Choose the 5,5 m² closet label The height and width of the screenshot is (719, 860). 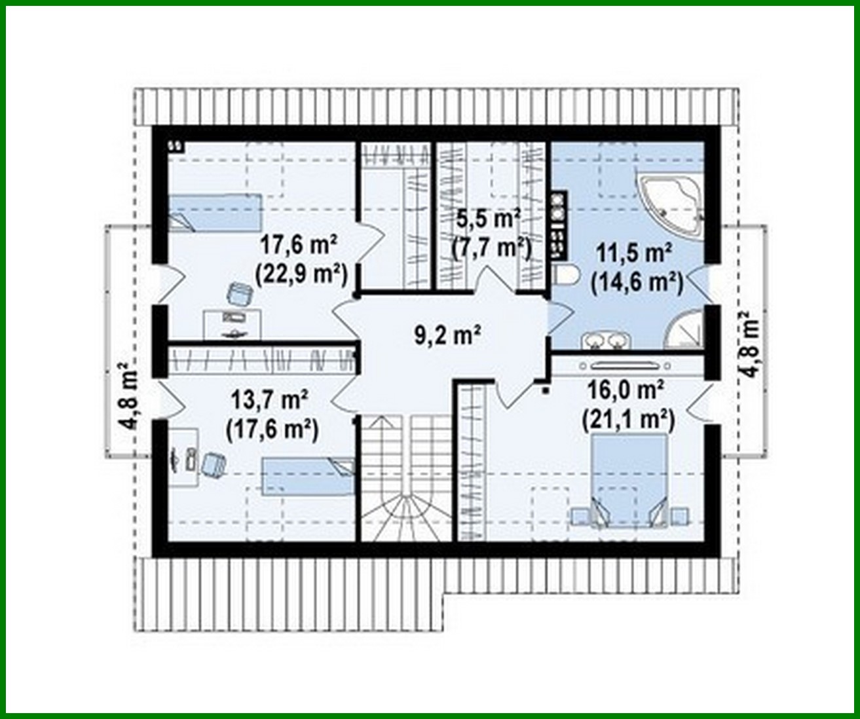[490, 217]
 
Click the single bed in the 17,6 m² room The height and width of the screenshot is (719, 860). [215, 212]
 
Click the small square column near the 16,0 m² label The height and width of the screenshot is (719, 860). [546, 392]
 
